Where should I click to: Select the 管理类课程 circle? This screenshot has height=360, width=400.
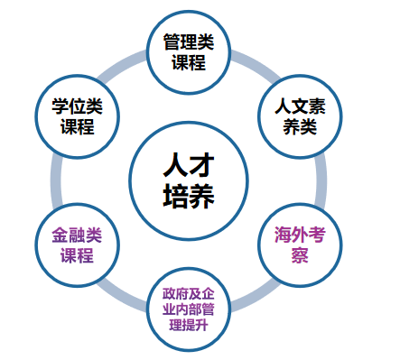191,52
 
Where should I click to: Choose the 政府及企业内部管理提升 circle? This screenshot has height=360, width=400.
190,309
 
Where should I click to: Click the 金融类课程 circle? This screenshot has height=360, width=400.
77,244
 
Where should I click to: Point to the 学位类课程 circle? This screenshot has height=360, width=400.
77,115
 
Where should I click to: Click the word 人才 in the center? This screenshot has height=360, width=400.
191,164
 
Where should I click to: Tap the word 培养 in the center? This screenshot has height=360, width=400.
191,195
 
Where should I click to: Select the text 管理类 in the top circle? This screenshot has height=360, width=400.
191,42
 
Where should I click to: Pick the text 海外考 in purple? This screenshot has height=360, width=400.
300,234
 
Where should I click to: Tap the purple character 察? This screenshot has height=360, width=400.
300,254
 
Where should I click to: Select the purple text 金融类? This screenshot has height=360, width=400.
77,234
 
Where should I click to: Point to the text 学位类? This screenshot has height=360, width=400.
77,104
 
